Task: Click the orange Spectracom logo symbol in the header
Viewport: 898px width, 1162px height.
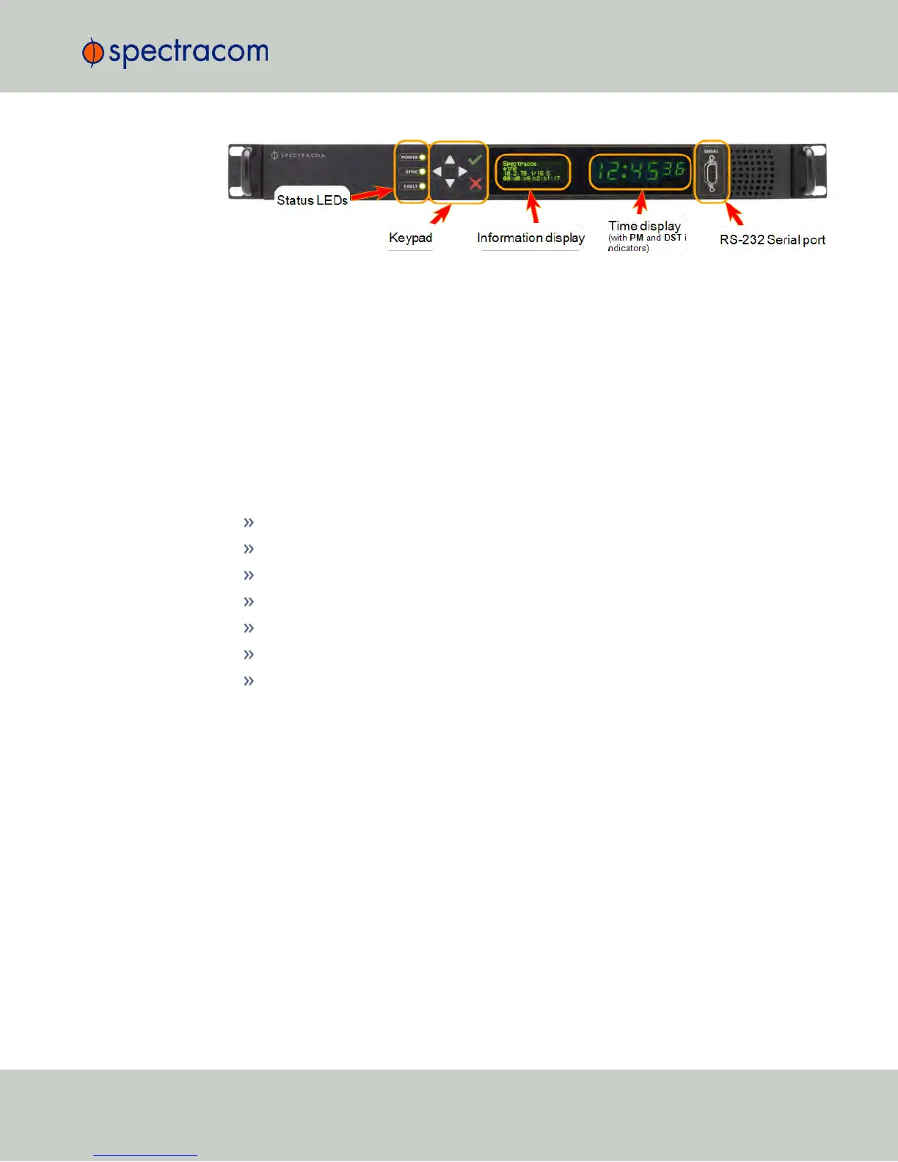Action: tap(92, 53)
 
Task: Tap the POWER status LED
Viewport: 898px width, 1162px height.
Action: tap(423, 157)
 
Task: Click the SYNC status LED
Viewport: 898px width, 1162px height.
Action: tap(423, 172)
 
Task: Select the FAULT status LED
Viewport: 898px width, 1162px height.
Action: tap(423, 186)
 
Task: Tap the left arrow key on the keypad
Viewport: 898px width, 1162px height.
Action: tap(437, 172)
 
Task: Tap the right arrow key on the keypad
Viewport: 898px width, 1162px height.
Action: tap(463, 172)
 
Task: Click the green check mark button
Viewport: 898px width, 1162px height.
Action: tap(475, 158)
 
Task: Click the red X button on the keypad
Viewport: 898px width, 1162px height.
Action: tap(475, 183)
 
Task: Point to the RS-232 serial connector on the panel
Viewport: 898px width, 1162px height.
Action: tap(711, 175)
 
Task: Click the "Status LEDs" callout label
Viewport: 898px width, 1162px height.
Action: tap(312, 200)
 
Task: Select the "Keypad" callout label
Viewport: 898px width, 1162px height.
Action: tap(410, 238)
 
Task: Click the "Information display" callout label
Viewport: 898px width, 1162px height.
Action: tap(530, 238)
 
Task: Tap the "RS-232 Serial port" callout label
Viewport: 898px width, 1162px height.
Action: tap(772, 240)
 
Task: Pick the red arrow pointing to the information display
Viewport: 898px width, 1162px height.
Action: tap(533, 207)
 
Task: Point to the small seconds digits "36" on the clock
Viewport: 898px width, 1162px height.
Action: tap(673, 170)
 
